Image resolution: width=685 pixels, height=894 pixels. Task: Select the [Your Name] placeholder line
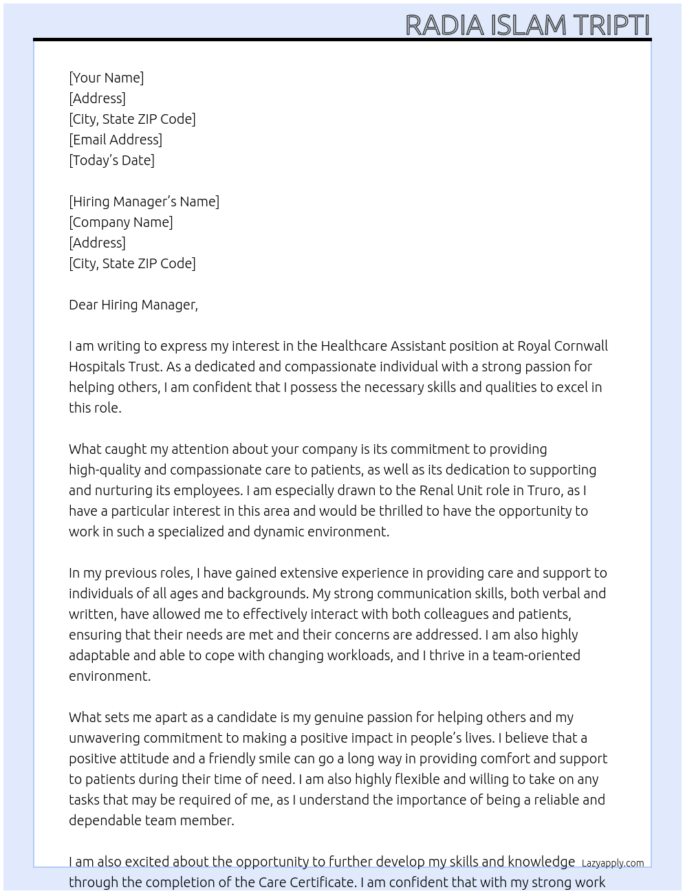coord(106,78)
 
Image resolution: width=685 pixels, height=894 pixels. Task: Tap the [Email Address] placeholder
coord(116,140)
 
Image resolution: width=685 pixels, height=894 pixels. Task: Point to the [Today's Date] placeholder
coord(111,160)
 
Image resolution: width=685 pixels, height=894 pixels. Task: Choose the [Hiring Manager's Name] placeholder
coord(144,201)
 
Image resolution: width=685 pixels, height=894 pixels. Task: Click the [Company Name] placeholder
coord(120,222)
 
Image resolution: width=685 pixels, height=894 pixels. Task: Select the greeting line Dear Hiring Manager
coord(133,305)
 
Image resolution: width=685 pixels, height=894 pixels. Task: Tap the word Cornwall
coord(581,346)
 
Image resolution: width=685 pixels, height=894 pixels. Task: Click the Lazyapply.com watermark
coord(612,863)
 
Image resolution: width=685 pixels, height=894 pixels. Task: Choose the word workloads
coord(358,655)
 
